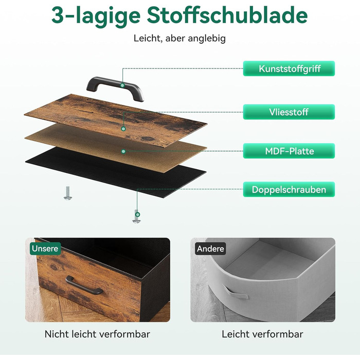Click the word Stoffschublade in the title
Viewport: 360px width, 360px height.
pyautogui.click(x=227, y=15)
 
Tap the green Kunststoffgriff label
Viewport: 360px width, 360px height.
pyautogui.click(x=289, y=68)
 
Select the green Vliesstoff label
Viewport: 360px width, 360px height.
pyautogui.click(x=289, y=112)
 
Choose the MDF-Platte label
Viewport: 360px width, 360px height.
pyautogui.click(x=289, y=151)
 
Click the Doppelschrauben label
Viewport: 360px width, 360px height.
pyautogui.click(x=289, y=189)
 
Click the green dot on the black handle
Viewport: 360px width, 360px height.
pyautogui.click(x=122, y=85)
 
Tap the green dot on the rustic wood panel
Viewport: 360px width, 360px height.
pyautogui.click(x=123, y=129)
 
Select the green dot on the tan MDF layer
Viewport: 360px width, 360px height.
pyautogui.click(x=123, y=151)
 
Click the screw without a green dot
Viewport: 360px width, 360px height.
pyautogui.click(x=67, y=193)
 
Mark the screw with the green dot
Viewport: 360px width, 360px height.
pyautogui.click(x=137, y=217)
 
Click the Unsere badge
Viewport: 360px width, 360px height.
pyautogui.click(x=45, y=248)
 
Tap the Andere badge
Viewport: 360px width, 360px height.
pyautogui.click(x=210, y=248)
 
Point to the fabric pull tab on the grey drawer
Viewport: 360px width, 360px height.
pyautogui.click(x=235, y=292)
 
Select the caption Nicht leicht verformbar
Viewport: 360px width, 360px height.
pyautogui.click(x=97, y=334)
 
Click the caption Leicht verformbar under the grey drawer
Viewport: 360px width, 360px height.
pyautogui.click(x=262, y=334)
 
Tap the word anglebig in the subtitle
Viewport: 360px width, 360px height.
pyautogui.click(x=207, y=39)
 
